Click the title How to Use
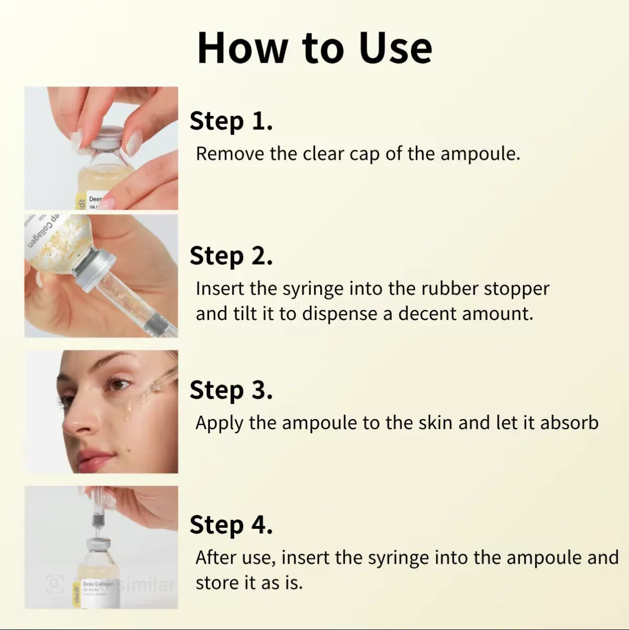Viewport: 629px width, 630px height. pos(314,48)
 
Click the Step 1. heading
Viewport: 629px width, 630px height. pos(231,121)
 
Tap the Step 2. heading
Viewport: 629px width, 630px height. pos(231,256)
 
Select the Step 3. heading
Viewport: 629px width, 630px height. pos(231,390)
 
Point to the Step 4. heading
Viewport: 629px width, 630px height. pos(231,525)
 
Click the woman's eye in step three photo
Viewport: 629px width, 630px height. pos(118,386)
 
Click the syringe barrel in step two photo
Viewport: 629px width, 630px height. pos(125,300)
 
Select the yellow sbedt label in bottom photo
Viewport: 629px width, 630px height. pos(77,595)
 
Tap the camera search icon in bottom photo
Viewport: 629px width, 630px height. pos(54,584)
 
